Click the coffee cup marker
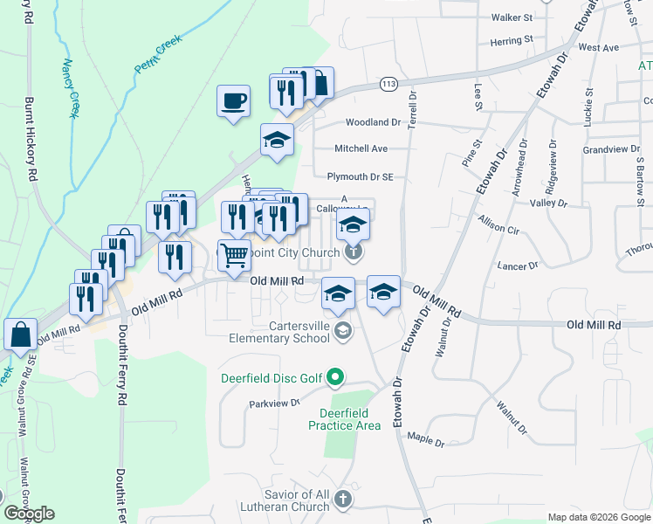pyautogui.click(x=233, y=101)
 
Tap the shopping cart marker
pyautogui.click(x=234, y=257)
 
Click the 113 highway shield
pyautogui.click(x=388, y=84)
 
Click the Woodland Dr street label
pyautogui.click(x=373, y=123)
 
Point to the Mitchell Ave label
pyautogui.click(x=361, y=149)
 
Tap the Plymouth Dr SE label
pyautogui.click(x=361, y=176)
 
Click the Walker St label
pyautogui.click(x=512, y=17)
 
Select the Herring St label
pyautogui.click(x=512, y=40)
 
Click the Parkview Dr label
pyautogui.click(x=274, y=403)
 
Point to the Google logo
pyautogui.click(x=30, y=514)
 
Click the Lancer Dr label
pyautogui.click(x=518, y=265)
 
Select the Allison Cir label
pyautogui.click(x=498, y=228)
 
